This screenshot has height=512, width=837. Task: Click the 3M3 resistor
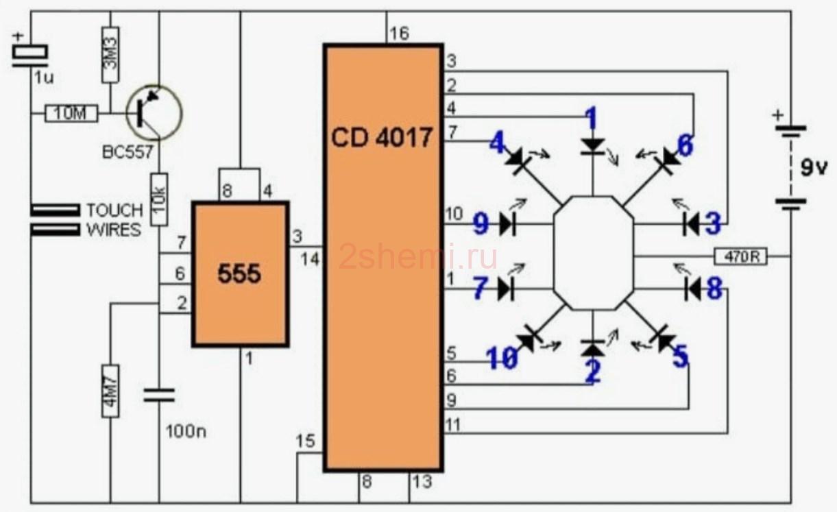110,55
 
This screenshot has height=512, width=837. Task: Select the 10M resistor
71,113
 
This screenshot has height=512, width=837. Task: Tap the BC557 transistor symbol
154,112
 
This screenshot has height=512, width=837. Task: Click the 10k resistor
159,199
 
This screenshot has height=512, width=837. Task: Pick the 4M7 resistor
110,391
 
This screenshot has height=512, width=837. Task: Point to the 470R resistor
740,256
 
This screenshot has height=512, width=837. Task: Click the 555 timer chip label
239,274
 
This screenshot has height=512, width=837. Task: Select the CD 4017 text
382,138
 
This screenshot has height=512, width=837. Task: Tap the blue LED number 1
592,119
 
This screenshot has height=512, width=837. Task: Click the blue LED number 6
686,145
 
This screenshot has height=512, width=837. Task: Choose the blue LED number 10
502,358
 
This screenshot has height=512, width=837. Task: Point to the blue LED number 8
715,289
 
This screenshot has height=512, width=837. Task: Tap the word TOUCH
114,210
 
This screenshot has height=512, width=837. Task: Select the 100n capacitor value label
186,432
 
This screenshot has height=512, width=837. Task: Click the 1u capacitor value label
44,77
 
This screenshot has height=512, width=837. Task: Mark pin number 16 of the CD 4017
400,34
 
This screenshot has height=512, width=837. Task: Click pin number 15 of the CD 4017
305,441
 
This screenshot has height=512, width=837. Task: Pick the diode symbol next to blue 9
508,225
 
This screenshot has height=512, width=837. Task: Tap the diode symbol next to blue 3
691,225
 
